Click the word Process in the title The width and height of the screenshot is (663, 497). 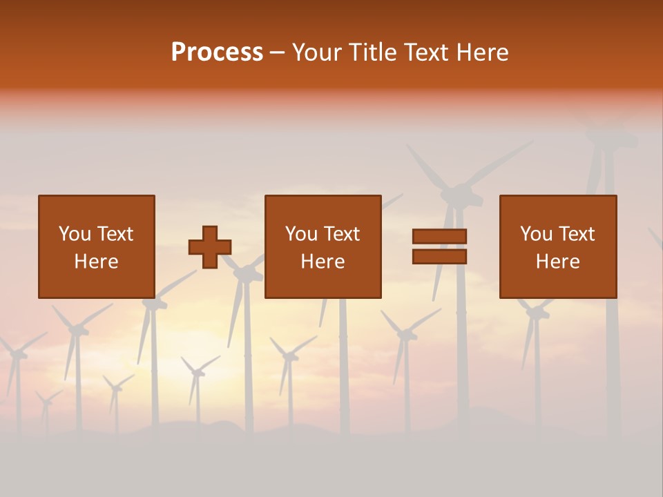click(x=217, y=52)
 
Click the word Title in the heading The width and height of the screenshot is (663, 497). click(x=374, y=52)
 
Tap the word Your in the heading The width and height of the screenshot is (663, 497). click(x=318, y=52)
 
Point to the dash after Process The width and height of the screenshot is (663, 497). click(x=277, y=53)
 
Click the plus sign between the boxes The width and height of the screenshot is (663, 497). click(x=210, y=247)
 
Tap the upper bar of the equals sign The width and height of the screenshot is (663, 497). click(x=439, y=237)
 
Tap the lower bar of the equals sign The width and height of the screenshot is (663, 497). click(x=439, y=257)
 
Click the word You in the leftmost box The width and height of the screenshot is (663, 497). click(x=74, y=234)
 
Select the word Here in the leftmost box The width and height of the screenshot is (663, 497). click(x=96, y=262)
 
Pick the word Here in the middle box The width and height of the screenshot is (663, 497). click(x=323, y=262)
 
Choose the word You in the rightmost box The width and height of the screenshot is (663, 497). click(x=536, y=234)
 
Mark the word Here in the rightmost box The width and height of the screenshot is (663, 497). click(x=557, y=262)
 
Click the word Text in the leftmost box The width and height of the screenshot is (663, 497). click(x=115, y=234)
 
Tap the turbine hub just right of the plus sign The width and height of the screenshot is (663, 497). click(x=246, y=273)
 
